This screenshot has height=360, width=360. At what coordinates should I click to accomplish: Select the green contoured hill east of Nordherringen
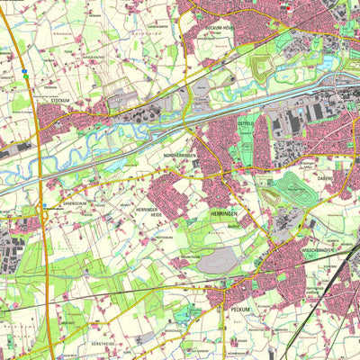coord(291,188)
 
